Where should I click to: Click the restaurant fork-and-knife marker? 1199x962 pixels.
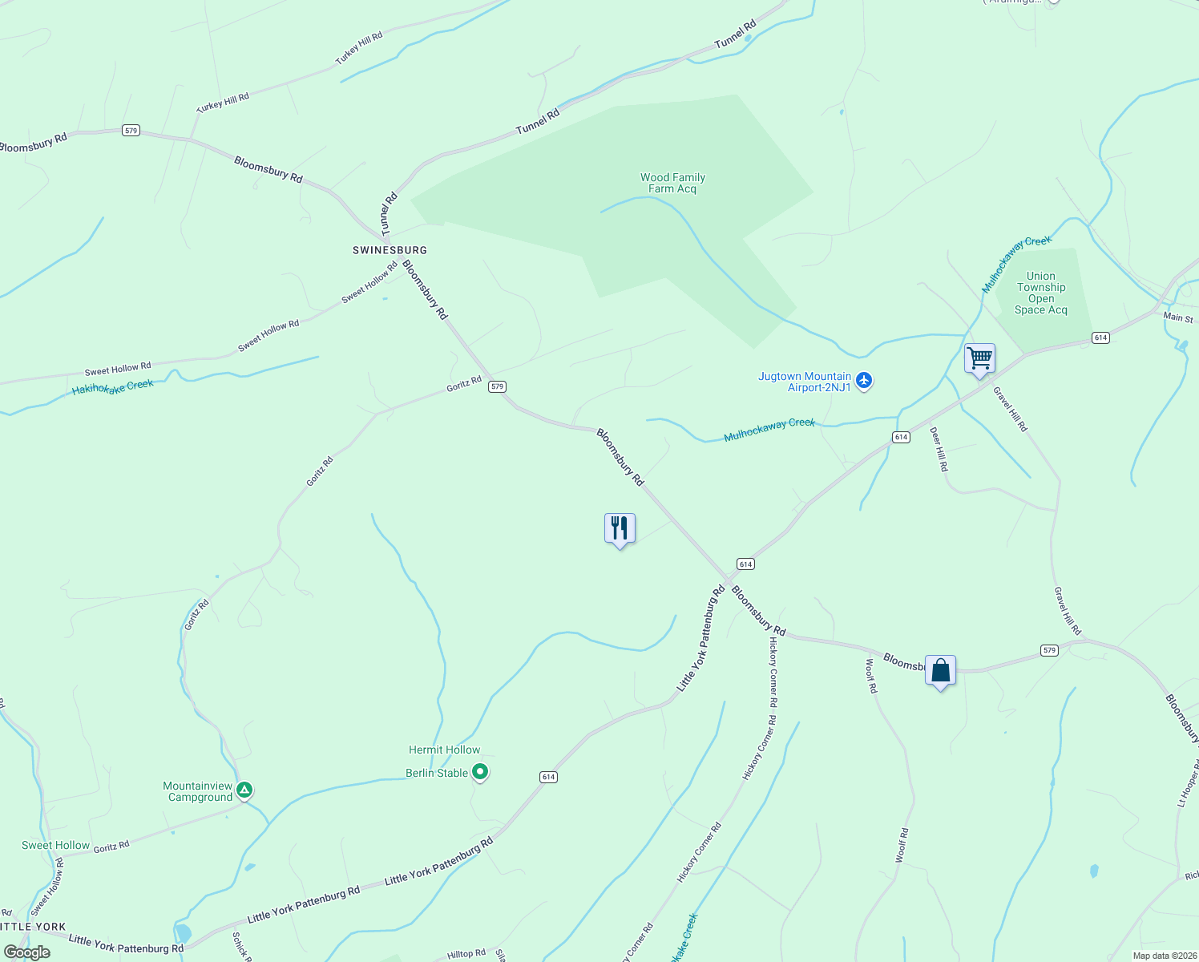[x=620, y=528]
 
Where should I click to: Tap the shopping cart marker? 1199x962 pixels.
[x=979, y=358]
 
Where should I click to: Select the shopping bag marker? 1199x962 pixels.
[x=940, y=670]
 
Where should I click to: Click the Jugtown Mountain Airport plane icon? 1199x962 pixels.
[x=863, y=381]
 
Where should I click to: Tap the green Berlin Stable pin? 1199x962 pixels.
[x=480, y=773]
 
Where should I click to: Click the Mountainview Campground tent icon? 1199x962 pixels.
[x=244, y=790]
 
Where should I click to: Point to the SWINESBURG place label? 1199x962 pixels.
[x=390, y=250]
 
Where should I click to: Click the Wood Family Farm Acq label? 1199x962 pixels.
[x=672, y=184]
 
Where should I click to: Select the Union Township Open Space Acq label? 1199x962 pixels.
[x=1041, y=293]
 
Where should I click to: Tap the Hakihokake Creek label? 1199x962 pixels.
[x=113, y=388]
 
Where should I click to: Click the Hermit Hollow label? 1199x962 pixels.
[x=444, y=750]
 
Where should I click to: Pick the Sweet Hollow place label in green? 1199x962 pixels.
[x=55, y=845]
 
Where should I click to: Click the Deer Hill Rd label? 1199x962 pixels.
[x=939, y=448]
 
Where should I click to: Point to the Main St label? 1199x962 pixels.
[x=1178, y=317]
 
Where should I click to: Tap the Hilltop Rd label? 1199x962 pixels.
[x=466, y=954]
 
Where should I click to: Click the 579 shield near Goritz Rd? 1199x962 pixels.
[x=498, y=386]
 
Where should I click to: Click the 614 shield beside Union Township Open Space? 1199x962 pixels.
[x=1100, y=338]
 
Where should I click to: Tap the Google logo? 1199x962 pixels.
[x=26, y=952]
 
